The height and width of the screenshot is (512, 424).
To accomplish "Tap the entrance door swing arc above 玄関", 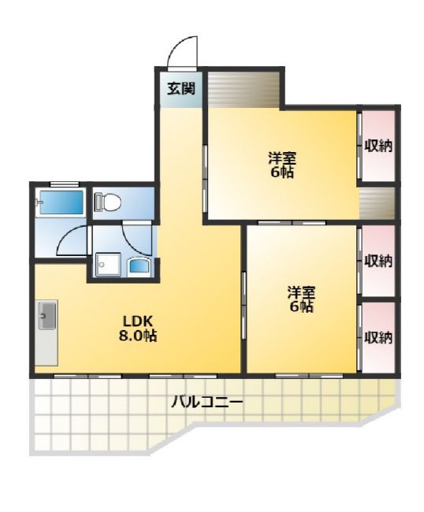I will pyautogui.click(x=183, y=52).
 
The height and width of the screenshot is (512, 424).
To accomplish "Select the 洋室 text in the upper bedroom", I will pyautogui.click(x=281, y=158).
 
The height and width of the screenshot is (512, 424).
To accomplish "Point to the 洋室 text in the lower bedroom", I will pyautogui.click(x=301, y=292).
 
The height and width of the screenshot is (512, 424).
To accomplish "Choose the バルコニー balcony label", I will pyautogui.click(x=207, y=403).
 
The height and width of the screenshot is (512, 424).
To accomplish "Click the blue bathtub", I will pyautogui.click(x=61, y=202).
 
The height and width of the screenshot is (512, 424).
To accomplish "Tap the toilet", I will pyautogui.click(x=108, y=203).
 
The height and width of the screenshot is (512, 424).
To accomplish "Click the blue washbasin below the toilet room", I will pyautogui.click(x=139, y=265).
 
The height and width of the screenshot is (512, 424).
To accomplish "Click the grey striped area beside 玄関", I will pyautogui.click(x=244, y=87).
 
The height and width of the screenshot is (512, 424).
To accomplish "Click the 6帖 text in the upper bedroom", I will pyautogui.click(x=281, y=173).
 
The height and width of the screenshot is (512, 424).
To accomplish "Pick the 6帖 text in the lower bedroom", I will pyautogui.click(x=301, y=307).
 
